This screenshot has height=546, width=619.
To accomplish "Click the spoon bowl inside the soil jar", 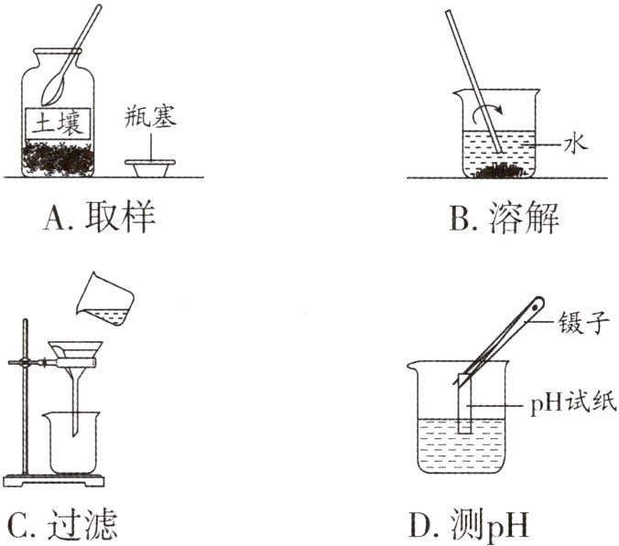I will point(54,87).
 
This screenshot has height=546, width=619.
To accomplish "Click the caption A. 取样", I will point(100,219).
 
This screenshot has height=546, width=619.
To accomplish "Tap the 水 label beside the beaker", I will point(574,143).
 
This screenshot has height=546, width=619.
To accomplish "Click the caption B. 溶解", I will point(504,219).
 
